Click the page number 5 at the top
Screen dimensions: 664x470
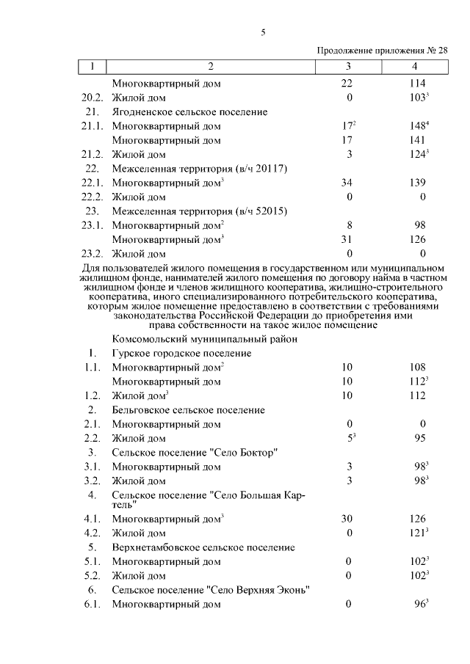click(263, 32)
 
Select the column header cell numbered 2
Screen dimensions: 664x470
click(211, 67)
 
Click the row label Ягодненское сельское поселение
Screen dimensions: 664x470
click(189, 112)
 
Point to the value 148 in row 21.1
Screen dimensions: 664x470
click(416, 126)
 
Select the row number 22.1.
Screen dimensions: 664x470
click(93, 183)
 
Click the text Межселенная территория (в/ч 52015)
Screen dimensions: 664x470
click(198, 211)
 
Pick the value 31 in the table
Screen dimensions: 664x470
click(347, 240)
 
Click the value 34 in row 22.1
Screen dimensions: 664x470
click(347, 183)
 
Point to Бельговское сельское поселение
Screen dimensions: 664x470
click(188, 409)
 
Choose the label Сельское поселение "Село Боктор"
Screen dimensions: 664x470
click(195, 452)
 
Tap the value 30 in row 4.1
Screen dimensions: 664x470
click(347, 519)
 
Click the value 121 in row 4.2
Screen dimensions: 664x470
click(416, 533)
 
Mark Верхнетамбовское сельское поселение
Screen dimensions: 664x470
click(203, 547)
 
